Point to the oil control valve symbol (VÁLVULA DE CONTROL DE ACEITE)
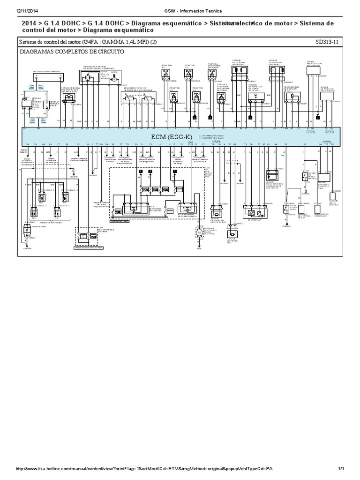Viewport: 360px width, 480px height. (213, 74)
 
